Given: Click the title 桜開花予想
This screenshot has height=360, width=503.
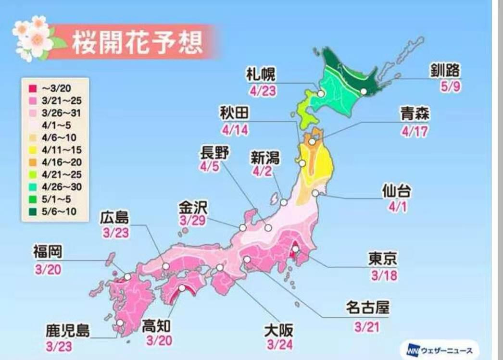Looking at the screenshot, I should click(x=137, y=43).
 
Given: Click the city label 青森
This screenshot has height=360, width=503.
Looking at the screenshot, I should click(x=415, y=115).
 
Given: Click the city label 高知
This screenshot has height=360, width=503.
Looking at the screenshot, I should click(x=157, y=326).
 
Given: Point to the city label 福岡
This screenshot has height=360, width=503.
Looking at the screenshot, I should click(x=47, y=251).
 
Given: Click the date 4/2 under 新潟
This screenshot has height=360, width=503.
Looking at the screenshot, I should click(x=263, y=171).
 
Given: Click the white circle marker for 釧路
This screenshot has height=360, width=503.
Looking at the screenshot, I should click(x=364, y=91).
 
